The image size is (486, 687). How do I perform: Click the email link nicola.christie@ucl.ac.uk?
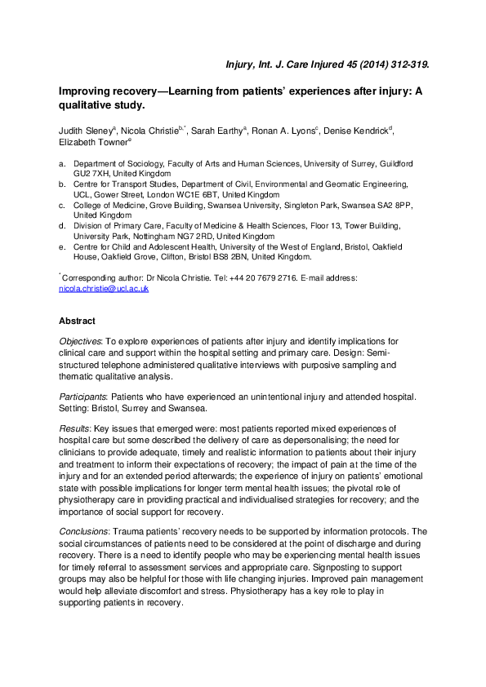tap(104, 289)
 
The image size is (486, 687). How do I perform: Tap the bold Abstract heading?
tap(77, 321)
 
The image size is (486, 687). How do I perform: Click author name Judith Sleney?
tap(87, 131)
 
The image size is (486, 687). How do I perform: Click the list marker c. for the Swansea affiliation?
tap(63, 206)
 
